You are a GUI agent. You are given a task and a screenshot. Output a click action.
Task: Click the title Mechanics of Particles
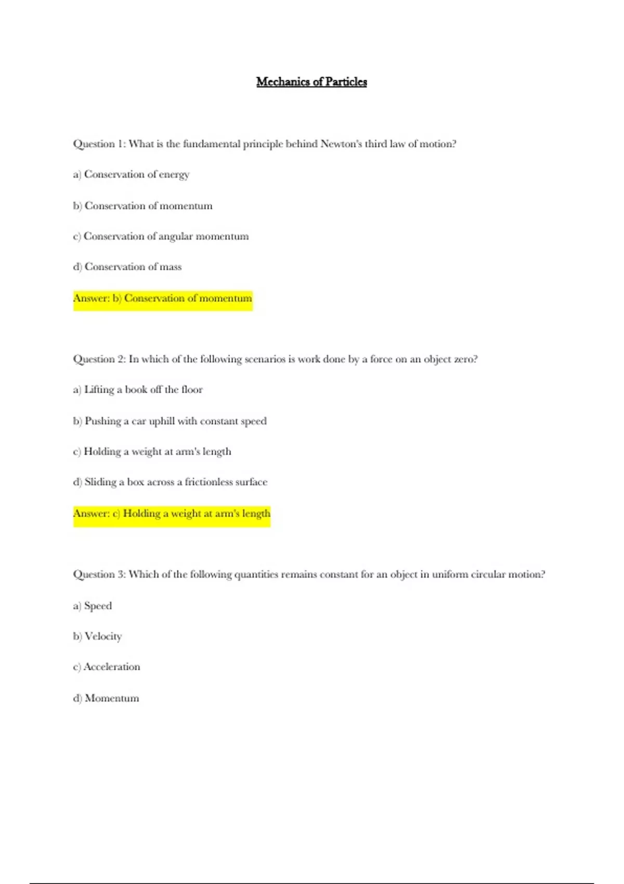[x=311, y=82]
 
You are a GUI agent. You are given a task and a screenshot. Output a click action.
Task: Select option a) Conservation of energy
[x=131, y=174]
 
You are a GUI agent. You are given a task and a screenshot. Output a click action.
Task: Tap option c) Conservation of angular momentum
[x=161, y=236]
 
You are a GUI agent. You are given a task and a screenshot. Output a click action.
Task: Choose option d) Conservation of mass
[x=127, y=267]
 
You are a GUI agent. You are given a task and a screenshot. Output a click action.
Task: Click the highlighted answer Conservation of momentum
[x=188, y=298]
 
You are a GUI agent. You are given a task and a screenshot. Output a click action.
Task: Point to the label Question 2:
[x=99, y=359]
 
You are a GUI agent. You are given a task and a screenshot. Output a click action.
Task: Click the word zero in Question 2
[x=464, y=359]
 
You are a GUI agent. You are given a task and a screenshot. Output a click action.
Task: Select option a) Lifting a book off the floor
[x=138, y=389]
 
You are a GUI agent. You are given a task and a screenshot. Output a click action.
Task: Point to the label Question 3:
[x=99, y=575]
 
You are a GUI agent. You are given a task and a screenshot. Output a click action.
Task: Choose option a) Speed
[x=93, y=606]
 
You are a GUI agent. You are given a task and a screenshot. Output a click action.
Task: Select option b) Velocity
[x=97, y=636]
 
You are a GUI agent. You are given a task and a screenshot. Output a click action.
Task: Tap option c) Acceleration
[x=107, y=667]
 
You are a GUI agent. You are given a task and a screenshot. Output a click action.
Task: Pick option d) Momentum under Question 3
[x=106, y=698]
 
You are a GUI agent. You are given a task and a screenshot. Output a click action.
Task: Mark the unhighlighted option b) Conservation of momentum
[x=143, y=206]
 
